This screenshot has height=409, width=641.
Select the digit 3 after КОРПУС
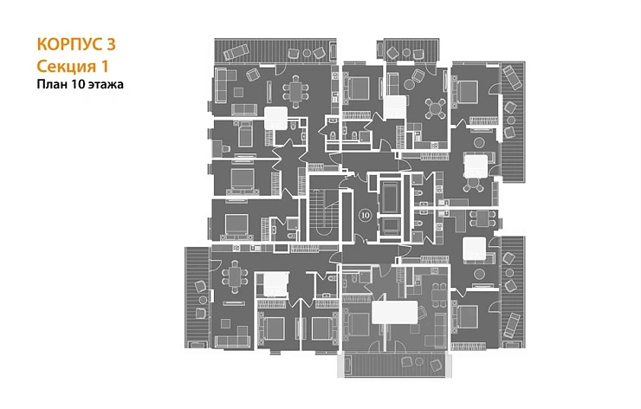click(x=111, y=44)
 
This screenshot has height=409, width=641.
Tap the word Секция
click(x=62, y=66)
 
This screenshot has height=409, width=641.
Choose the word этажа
click(x=106, y=85)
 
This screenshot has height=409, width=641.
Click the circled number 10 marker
click(x=366, y=215)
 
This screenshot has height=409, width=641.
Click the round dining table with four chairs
click(x=436, y=108)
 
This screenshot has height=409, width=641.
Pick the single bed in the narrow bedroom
click(x=245, y=134)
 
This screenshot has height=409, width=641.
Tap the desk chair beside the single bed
click(x=218, y=149)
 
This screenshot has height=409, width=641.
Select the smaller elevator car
click(x=390, y=225)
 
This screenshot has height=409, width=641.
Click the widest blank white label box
click(x=395, y=313)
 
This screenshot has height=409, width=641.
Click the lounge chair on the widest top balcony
click(x=236, y=52)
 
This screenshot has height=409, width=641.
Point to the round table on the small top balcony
click(x=406, y=52)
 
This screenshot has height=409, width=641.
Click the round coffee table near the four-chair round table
click(x=409, y=84)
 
